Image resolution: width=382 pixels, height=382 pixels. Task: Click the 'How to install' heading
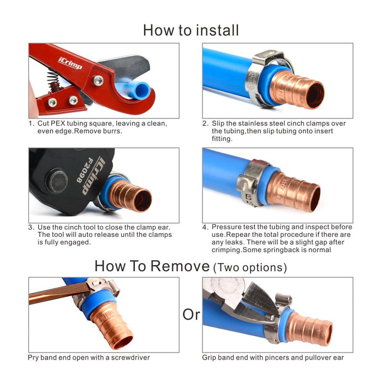tap(190, 29)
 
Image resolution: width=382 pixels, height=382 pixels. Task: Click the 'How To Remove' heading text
tap(152, 266)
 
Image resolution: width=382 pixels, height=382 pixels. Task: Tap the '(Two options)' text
tap(250, 267)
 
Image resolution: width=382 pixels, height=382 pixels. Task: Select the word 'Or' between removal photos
tap(191, 315)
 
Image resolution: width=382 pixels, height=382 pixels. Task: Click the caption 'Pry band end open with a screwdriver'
tap(89, 357)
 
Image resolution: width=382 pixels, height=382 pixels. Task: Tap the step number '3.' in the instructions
tap(31, 227)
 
